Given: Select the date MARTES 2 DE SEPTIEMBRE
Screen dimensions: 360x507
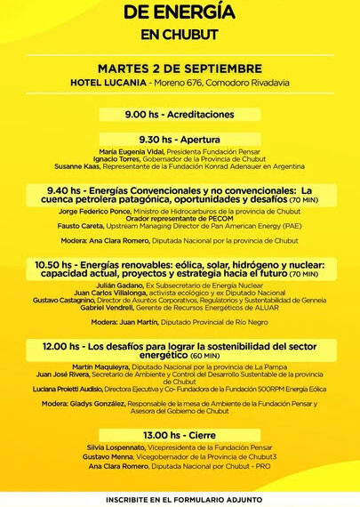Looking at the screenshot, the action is [x=180, y=68].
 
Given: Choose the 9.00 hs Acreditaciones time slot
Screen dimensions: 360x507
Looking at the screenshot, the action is [x=180, y=114].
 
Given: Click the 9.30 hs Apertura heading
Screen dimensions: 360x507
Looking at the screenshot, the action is [x=180, y=140].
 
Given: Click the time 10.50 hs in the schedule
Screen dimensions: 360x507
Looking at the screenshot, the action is [x=54, y=264].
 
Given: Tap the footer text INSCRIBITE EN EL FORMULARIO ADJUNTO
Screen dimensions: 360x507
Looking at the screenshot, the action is [x=180, y=498].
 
